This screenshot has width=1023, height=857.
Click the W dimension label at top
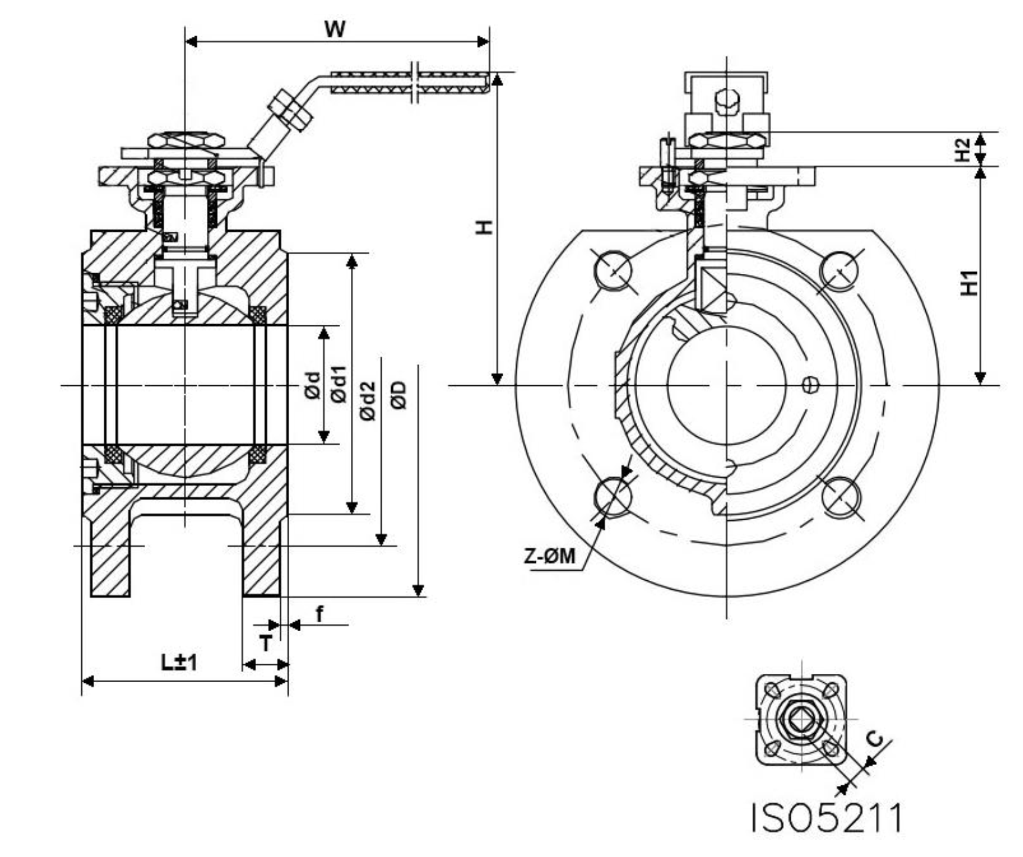tap(335, 28)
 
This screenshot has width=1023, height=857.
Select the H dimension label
tap(485, 227)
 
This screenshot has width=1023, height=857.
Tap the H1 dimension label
tap(968, 283)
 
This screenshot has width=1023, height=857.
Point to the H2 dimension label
tap(963, 149)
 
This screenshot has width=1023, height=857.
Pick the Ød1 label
tap(338, 385)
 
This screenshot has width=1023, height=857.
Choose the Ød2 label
tap(367, 401)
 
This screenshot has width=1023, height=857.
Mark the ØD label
tap(399, 395)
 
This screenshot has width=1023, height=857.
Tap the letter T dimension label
tap(266, 644)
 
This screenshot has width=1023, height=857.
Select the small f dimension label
tap(319, 614)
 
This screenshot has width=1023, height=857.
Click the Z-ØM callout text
tap(549, 556)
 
